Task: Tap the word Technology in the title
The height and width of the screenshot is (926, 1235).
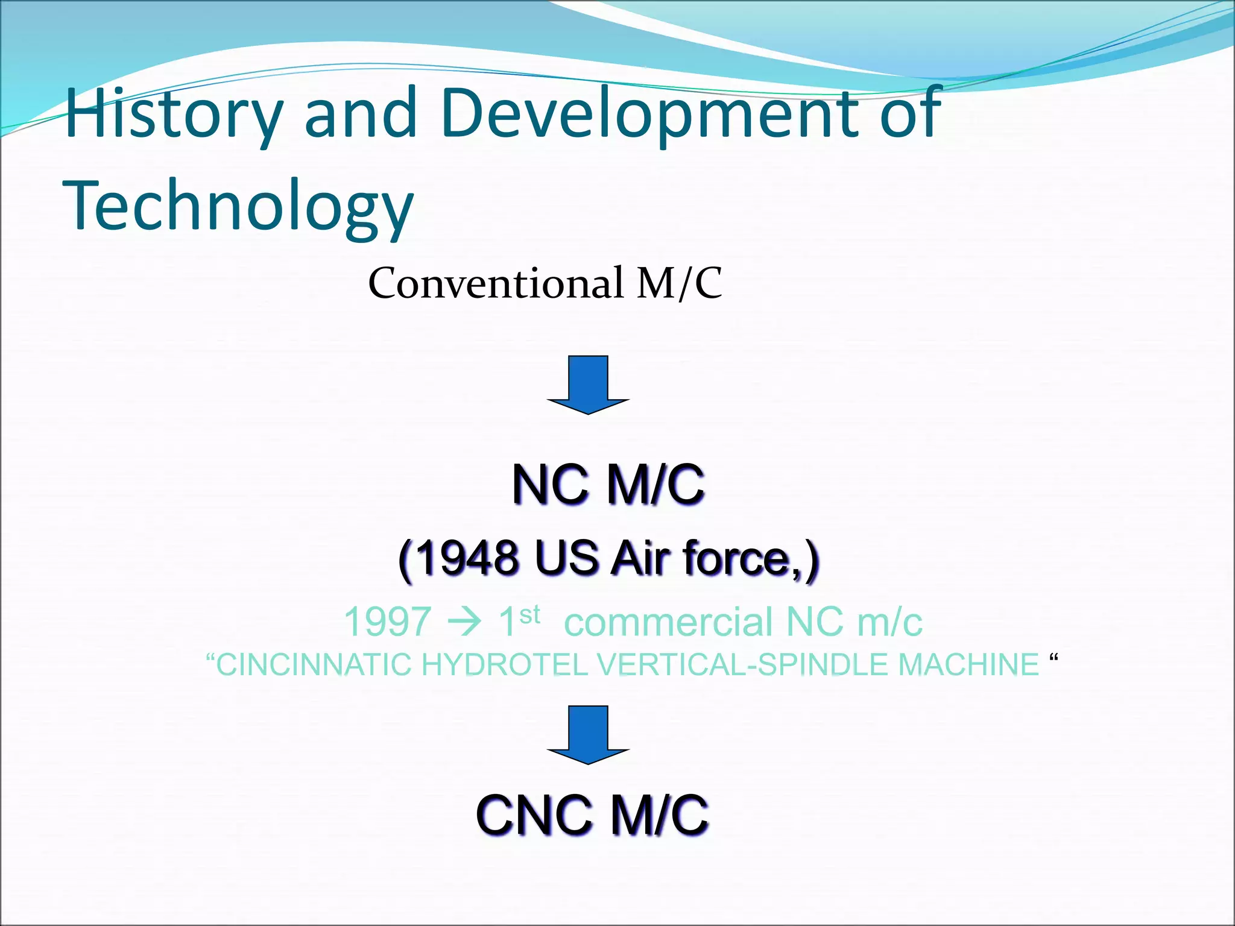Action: pos(238,206)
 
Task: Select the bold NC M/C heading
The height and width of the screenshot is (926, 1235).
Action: pos(608,485)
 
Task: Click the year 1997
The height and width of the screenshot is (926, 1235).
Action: pos(388,622)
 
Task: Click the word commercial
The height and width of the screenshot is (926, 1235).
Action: pos(669,622)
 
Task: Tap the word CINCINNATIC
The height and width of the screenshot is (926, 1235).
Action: pos(314,665)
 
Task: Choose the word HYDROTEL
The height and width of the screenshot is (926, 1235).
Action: pos(504,665)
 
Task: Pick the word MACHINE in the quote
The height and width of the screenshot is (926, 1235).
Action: pos(968,665)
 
